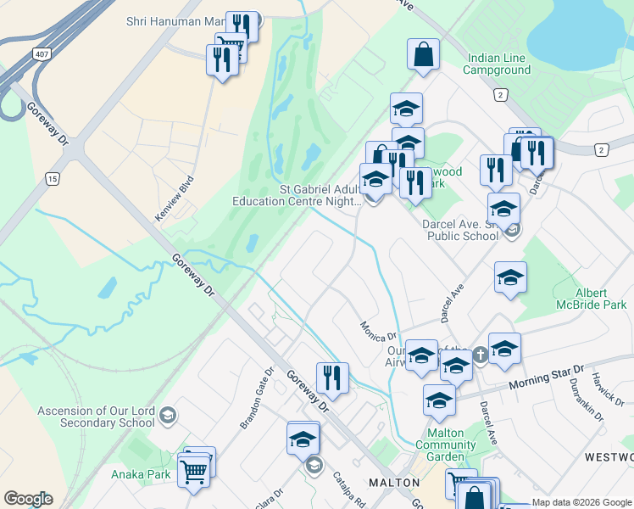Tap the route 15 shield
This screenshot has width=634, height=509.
[x=53, y=179]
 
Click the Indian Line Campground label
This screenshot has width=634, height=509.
[x=497, y=64]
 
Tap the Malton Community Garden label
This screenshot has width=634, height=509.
[x=439, y=445]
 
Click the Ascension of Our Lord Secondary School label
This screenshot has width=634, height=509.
[x=96, y=417]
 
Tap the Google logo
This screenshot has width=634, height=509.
[x=28, y=499]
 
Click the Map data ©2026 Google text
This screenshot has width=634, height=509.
[x=581, y=502]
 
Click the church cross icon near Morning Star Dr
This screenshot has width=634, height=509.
[x=481, y=355]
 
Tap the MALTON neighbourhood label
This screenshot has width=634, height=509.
[x=394, y=483]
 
